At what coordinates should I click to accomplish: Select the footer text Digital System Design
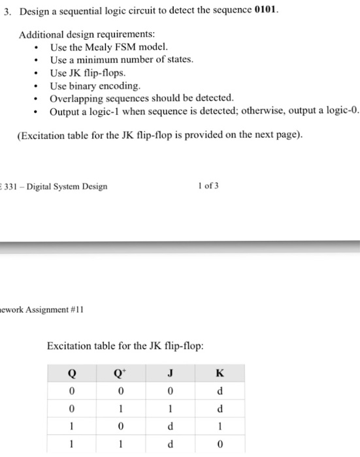pyautogui.click(x=67, y=187)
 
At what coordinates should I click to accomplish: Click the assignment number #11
pyautogui.click(x=73, y=307)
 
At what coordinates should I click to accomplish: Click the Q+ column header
pyautogui.click(x=119, y=373)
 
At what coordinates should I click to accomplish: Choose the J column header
pyautogui.click(x=170, y=373)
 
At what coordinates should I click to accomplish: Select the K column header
pyautogui.click(x=220, y=373)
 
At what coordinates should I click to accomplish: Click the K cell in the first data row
pyautogui.click(x=220, y=392)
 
